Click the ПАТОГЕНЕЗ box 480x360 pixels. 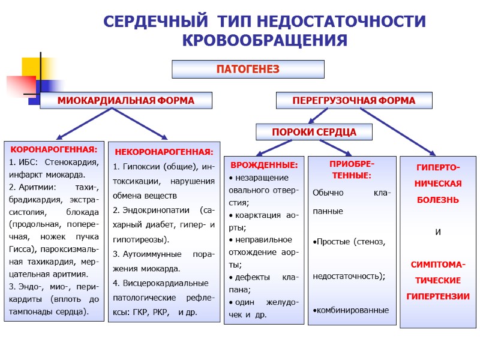[x=248, y=69]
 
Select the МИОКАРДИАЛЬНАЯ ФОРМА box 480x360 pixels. [x=125, y=101]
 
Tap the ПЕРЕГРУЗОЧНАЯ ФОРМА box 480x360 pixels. [x=353, y=101]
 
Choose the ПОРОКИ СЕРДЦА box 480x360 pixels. [x=314, y=131]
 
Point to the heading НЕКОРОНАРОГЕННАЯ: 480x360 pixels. [x=163, y=152]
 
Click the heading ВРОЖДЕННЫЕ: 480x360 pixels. [x=263, y=164]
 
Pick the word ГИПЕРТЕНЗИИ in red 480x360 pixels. [x=437, y=296]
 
